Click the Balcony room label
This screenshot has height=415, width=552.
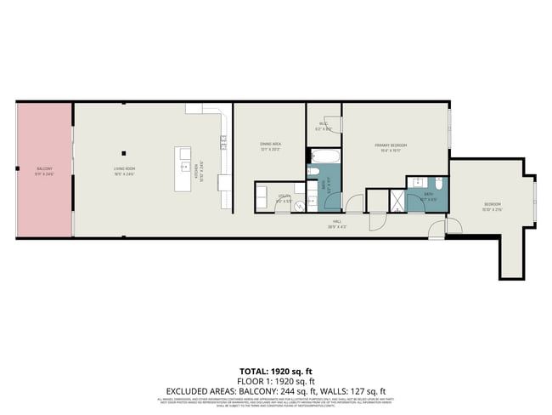pos(43,169)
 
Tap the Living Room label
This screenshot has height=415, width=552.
pos(125,169)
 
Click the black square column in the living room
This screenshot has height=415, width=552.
pos(124,153)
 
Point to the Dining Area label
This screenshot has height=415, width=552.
pos(270,145)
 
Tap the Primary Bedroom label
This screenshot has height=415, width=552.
pos(391,145)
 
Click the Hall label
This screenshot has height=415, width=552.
pos(337,225)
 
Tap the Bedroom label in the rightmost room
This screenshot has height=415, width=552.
pos(493,204)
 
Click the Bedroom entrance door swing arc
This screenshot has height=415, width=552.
pos(454,227)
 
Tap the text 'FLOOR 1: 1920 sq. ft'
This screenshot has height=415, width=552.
pos(275,382)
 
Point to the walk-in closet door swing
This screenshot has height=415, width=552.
pos(332,124)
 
